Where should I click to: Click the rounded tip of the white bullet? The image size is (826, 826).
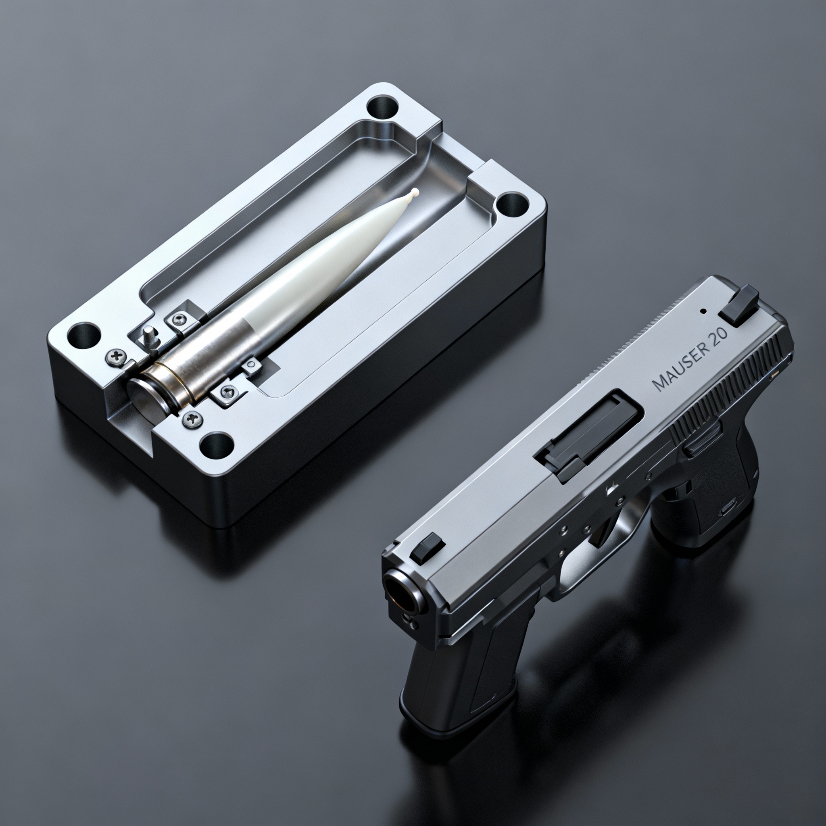414,192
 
